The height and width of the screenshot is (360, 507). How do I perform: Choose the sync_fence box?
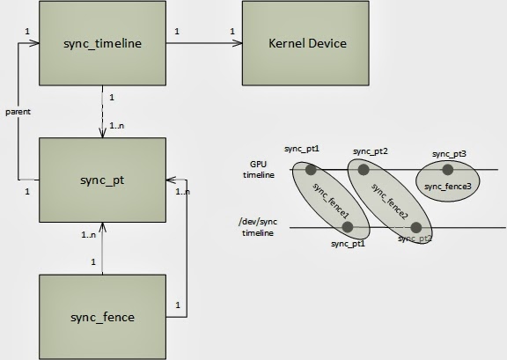[x=104, y=316]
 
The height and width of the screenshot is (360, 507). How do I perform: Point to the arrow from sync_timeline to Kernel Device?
[x=203, y=43]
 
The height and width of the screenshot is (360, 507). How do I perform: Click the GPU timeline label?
[x=260, y=169]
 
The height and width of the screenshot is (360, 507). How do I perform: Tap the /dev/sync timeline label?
[x=257, y=227]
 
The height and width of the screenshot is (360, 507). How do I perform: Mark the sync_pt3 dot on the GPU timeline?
[x=448, y=169]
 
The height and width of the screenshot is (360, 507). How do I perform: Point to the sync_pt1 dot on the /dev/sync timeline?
[x=349, y=227]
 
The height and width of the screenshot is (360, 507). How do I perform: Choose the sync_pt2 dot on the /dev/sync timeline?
[x=415, y=228]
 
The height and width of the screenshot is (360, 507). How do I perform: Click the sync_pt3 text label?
[x=449, y=154]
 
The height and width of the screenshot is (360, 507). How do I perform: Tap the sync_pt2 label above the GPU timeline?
[x=371, y=151]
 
